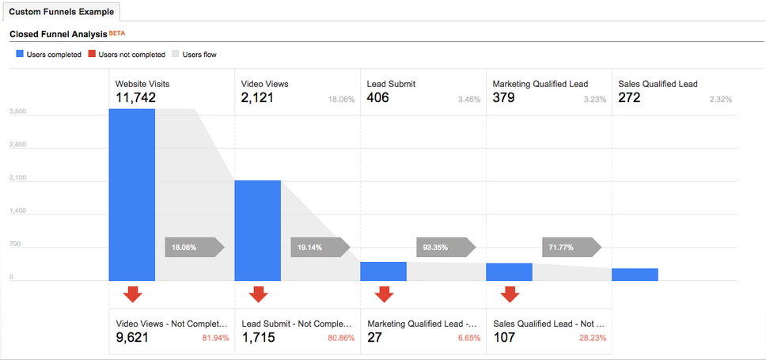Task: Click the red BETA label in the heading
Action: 116,34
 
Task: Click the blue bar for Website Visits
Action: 132,195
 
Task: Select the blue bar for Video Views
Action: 257,230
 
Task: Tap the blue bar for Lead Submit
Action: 383,271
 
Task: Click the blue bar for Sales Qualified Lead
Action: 635,274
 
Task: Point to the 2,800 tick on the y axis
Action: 17,146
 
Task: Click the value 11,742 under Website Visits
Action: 135,98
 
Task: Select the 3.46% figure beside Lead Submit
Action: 468,100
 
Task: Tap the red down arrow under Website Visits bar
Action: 133,294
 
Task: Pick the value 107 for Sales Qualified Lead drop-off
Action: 504,338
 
